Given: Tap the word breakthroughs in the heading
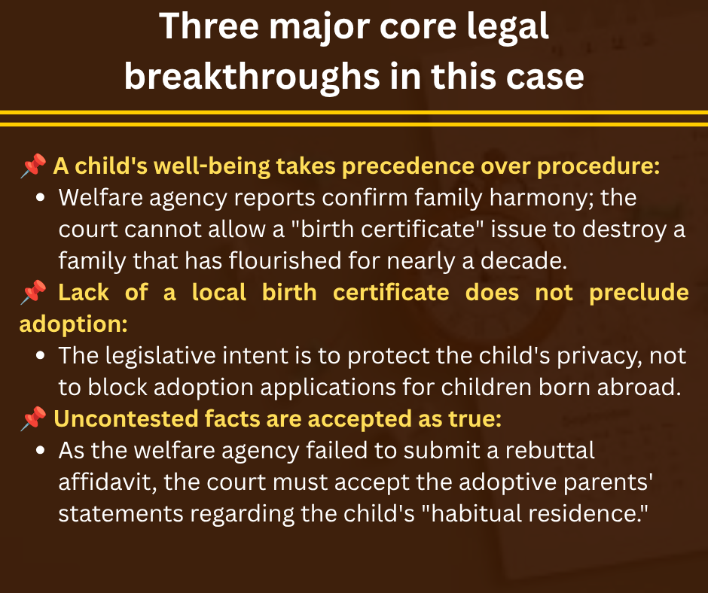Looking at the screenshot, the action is point(252,78).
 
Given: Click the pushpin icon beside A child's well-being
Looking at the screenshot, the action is point(33,166).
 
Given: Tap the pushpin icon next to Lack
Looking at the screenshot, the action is point(33,292).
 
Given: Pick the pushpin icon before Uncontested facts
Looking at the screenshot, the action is point(33,418).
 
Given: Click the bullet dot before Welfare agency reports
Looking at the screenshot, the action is point(40,198).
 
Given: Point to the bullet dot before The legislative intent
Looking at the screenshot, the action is point(40,356).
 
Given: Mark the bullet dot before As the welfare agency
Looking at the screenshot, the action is point(40,450).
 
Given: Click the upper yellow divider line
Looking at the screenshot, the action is point(354,112).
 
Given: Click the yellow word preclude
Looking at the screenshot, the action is point(639,293).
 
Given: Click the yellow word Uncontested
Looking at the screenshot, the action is point(126,419).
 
